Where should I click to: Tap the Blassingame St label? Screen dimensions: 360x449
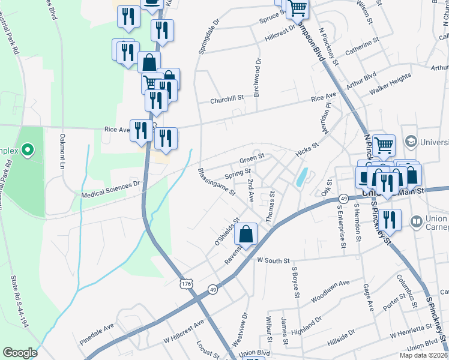(216, 182)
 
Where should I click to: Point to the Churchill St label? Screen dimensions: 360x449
(226, 100)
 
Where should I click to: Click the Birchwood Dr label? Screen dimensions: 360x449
(258, 70)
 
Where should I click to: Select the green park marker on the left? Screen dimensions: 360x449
(27, 150)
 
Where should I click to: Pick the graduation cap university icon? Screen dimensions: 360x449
(411, 142)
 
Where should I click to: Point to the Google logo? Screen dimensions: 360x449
(20, 352)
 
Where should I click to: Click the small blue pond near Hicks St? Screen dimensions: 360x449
(301, 176)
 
